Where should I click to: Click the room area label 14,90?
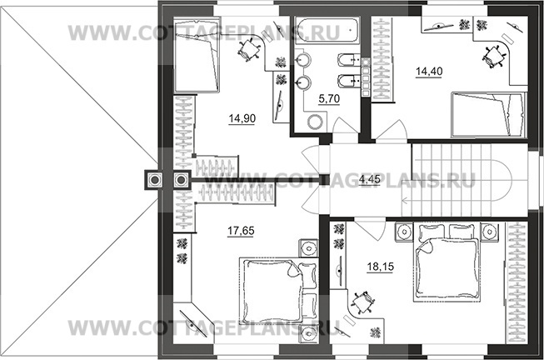coord(242,118)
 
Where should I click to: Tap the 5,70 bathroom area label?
coord(329,99)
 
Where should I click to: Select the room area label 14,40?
coord(429,72)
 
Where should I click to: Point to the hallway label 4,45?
coord(370,179)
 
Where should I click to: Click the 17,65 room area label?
coord(241,231)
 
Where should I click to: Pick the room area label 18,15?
coord(380,267)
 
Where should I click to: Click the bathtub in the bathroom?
coord(327,30)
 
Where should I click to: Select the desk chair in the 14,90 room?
coord(249,50)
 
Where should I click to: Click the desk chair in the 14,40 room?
coord(493,56)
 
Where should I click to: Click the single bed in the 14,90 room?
coord(197,56)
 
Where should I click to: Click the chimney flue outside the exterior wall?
coord(153,180)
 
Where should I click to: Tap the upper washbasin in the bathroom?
coord(304,60)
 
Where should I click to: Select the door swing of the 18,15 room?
coord(370,228)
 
